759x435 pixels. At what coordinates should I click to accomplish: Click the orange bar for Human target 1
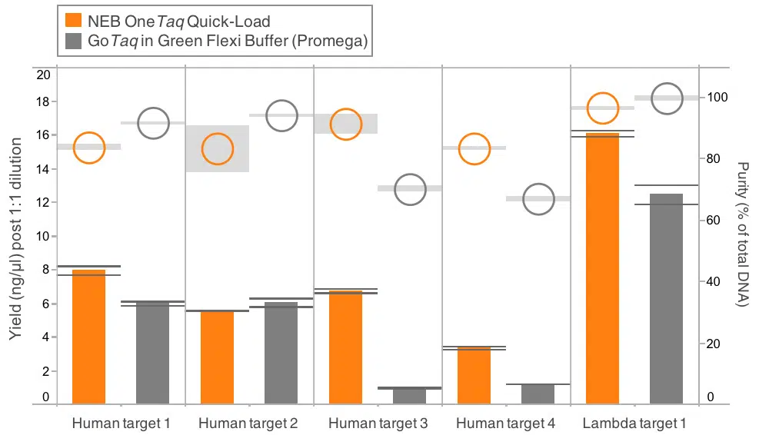88,336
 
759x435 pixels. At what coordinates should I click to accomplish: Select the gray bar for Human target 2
281,353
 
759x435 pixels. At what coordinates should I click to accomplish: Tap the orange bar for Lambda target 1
602,268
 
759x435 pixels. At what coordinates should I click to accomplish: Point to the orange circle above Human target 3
346,124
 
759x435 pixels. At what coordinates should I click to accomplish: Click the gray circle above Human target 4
538,199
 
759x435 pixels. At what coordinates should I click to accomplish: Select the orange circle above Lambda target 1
602,108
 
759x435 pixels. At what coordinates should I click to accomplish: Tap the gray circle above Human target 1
153,123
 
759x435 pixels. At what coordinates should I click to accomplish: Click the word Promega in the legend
335,43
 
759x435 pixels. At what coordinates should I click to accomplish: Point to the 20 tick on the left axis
43,75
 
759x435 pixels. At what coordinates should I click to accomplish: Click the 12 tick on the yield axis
43,202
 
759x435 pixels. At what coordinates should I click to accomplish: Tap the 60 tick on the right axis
714,221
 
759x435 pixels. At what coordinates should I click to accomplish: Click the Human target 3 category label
378,423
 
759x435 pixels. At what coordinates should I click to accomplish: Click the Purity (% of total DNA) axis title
742,234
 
